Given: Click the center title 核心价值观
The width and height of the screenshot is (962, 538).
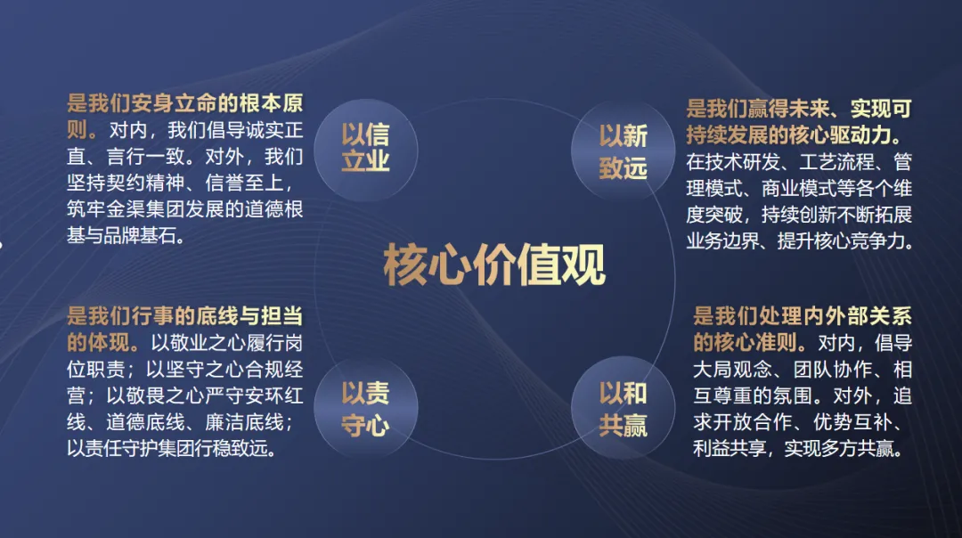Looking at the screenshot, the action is point(494,265).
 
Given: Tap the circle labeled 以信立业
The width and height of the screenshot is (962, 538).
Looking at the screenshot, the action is point(366,150).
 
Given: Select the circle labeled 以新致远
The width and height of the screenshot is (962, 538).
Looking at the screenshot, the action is point(623,151).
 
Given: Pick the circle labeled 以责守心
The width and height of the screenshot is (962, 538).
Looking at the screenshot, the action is point(366,408).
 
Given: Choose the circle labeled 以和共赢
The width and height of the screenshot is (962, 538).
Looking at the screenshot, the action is point(623,409).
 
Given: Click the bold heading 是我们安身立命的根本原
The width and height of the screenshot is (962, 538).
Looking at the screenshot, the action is point(184,103).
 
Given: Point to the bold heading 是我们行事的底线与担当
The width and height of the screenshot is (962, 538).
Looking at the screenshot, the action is point(184,316).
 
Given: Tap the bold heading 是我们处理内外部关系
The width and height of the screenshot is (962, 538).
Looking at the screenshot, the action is point(803,316).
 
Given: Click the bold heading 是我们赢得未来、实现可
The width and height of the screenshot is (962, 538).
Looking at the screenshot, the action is point(799,109).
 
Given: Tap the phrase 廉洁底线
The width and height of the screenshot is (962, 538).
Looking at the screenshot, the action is point(245,422).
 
